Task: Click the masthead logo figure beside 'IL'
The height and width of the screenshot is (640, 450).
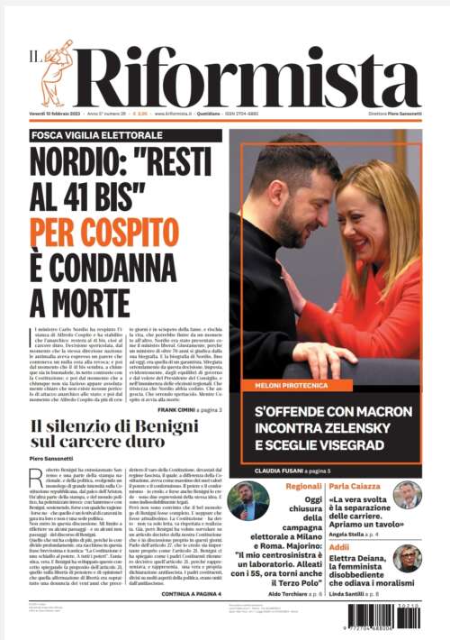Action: (56, 72)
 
